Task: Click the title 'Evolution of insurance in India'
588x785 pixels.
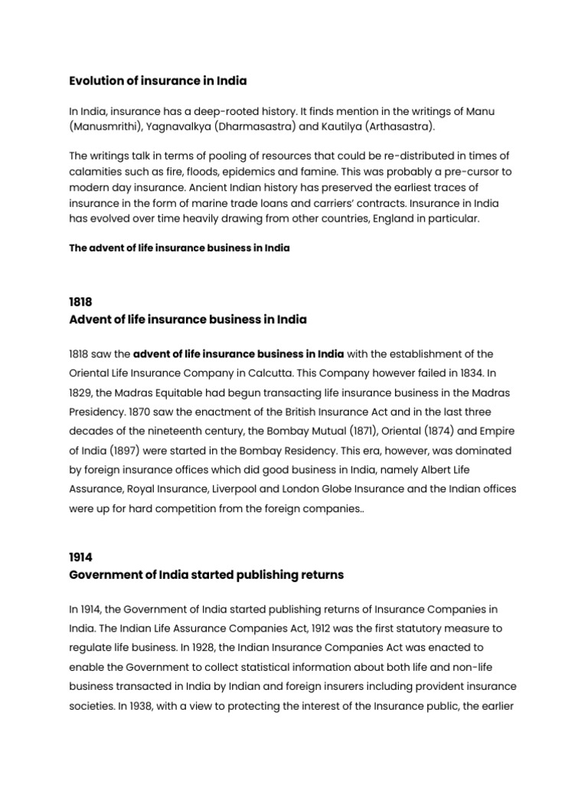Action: click(158, 80)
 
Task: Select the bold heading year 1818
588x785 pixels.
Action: click(80, 302)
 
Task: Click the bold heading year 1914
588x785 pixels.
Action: click(80, 558)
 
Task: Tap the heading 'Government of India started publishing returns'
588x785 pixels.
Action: click(206, 574)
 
